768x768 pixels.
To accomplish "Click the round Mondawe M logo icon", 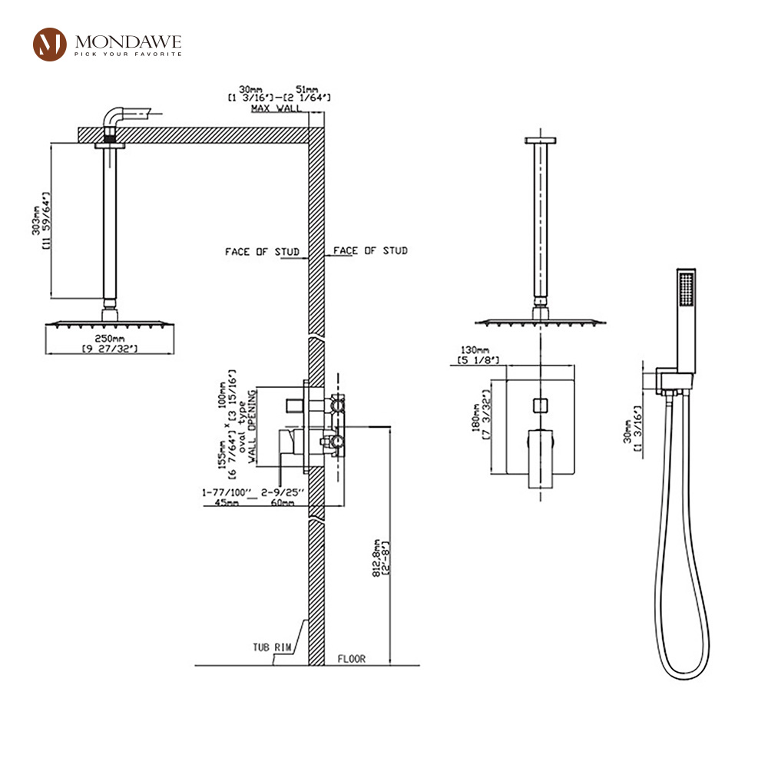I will coord(51,44).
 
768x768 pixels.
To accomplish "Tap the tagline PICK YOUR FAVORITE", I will coord(128,54).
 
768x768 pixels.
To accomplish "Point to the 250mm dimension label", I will coord(109,339).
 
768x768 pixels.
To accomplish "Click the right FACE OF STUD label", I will coord(370,250).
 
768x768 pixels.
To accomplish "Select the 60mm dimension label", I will coord(282,502).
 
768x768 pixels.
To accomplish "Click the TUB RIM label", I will coord(273,647).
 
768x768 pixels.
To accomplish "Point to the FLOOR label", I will coord(351,659).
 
